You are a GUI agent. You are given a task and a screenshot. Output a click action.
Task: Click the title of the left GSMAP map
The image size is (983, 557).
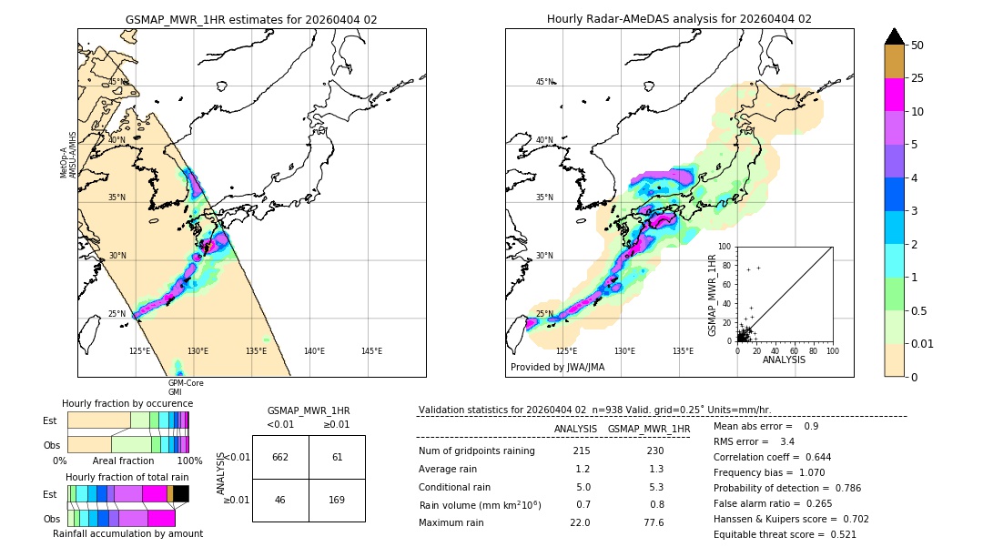(251, 19)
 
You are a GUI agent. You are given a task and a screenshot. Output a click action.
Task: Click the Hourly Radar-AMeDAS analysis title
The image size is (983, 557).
(679, 19)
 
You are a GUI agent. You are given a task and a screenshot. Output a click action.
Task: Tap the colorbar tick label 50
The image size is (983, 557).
(917, 46)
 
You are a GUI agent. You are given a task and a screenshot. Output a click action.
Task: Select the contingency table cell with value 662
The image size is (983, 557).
(280, 457)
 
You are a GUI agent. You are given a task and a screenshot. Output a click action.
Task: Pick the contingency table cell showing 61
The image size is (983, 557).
(337, 457)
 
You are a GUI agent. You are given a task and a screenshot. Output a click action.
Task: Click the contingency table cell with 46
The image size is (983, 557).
(280, 500)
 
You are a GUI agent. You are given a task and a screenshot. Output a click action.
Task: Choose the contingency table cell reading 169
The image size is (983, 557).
(337, 500)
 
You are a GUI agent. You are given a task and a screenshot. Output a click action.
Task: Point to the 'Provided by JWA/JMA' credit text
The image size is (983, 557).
(557, 367)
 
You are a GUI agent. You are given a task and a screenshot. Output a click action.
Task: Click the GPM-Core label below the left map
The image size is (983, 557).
(185, 383)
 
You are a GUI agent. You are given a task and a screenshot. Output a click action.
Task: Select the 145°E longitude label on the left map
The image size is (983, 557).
(371, 351)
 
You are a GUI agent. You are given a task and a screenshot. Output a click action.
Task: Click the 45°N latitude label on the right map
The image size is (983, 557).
(544, 82)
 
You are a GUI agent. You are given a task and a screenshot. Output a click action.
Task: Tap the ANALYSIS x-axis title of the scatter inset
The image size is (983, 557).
(784, 360)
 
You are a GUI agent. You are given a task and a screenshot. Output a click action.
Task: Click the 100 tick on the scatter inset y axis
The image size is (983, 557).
(725, 247)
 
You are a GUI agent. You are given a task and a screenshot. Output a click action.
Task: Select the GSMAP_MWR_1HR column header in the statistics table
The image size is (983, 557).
(648, 429)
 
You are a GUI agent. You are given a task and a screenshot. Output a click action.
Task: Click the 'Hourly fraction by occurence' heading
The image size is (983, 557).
(127, 403)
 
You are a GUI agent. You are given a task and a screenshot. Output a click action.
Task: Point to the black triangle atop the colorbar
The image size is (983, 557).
(895, 36)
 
